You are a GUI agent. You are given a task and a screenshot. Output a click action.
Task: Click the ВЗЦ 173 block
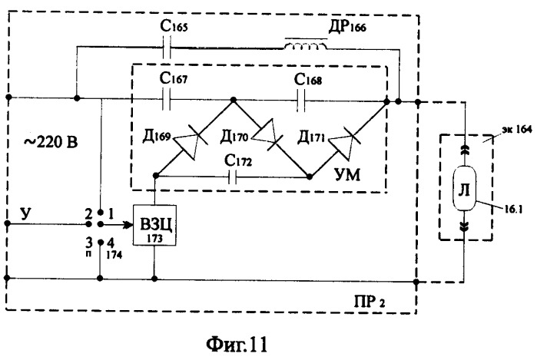[154, 225]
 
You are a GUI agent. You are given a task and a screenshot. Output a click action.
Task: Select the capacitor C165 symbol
[167, 48]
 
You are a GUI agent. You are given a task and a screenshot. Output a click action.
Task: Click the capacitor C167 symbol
[167, 99]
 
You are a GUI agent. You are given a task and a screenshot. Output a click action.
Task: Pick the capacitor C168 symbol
[301, 101]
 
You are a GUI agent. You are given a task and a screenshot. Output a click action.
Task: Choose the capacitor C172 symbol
[233, 177]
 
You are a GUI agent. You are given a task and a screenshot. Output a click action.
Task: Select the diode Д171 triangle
[344, 143]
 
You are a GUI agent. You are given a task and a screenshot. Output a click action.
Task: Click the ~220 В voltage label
[51, 142]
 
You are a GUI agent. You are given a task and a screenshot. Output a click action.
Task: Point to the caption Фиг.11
[237, 345]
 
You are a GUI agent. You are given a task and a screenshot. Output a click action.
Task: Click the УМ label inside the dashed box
[347, 175]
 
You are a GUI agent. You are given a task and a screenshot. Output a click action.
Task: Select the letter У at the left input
[26, 213]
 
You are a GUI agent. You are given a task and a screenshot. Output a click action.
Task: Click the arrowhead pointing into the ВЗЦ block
[128, 225]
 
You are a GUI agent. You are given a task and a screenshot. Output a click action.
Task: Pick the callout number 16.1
[512, 209]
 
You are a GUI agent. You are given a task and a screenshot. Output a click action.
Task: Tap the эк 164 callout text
[517, 130]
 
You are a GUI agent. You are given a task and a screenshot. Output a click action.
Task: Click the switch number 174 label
[114, 255]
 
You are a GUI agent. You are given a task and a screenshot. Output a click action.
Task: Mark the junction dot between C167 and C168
[234, 100]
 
